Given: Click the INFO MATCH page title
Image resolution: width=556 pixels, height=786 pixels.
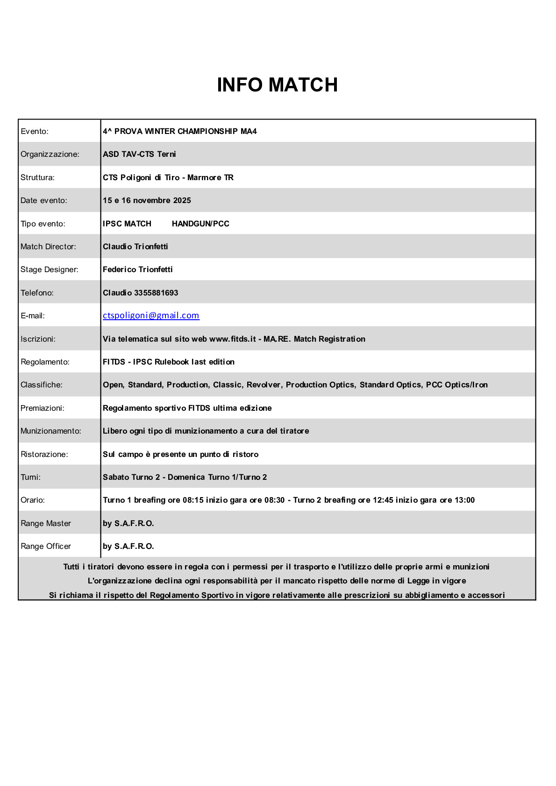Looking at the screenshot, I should point(277,85).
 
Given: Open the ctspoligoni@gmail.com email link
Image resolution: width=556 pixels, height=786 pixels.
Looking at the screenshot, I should point(151,316).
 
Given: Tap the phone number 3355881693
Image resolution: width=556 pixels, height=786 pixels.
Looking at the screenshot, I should point(156,293).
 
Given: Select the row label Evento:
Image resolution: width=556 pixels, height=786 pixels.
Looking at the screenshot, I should point(35,131).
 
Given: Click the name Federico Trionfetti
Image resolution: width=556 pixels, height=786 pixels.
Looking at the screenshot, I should point(138,269).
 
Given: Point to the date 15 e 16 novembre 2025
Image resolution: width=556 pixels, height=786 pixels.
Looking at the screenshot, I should point(147,200).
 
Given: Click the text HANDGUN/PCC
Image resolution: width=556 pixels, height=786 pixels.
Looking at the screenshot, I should point(200,224).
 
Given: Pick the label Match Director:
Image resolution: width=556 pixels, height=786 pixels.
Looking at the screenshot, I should point(48,246).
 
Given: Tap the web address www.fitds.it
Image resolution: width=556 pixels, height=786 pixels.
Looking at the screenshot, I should point(233,339).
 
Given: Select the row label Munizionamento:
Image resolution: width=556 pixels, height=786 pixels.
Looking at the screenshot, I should point(51,431).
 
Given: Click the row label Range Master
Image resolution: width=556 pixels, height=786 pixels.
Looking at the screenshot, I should point(46,523).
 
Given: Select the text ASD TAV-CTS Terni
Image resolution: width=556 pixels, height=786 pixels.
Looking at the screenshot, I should point(139,154).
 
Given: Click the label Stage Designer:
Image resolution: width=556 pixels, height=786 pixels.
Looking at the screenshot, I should point(50,269).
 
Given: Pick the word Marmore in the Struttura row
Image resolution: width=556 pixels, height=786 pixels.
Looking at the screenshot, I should point(204,177).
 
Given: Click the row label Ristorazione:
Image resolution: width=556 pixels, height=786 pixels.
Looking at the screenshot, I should point(44,454).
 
